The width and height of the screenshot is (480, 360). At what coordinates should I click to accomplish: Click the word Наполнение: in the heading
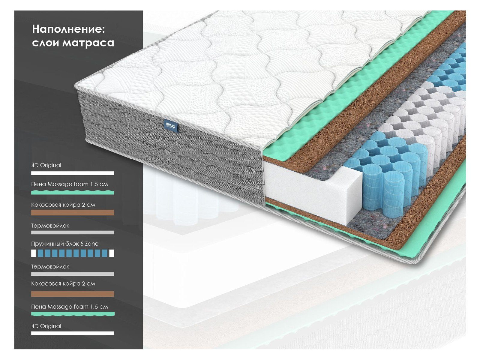pos(68,29)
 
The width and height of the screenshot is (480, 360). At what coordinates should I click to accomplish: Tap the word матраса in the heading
pos(88,43)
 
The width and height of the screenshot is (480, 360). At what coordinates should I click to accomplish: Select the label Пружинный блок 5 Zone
pos(65,244)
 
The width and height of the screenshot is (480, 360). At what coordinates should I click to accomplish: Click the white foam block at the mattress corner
pos(312,192)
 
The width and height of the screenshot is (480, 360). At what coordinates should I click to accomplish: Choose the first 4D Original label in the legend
pos(46,165)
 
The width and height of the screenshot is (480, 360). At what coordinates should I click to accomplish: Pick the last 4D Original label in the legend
pos(46,326)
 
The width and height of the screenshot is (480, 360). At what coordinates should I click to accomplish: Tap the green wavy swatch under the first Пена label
pos(72,192)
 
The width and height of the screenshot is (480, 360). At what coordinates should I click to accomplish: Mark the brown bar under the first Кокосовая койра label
pos(72,213)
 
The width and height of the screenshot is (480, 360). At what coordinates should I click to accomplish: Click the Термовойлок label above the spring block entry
pos(50,226)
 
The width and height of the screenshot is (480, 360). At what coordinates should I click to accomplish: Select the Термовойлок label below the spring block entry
pos(50,266)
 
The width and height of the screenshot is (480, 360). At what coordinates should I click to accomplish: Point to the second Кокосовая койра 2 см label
pos(63,283)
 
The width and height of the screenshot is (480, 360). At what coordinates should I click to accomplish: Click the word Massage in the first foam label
pos(60,184)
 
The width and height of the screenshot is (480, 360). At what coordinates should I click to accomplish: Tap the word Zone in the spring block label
pos(92,244)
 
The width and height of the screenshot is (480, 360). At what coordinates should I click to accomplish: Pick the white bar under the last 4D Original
pos(72,333)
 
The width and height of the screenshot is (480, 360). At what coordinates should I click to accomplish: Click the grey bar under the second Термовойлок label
pos(72,274)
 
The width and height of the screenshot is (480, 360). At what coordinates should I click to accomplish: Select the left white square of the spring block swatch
pos(34,253)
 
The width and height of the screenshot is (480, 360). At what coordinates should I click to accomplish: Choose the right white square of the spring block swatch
pos(112,253)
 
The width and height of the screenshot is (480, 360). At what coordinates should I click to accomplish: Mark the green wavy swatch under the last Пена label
pos(72,314)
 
